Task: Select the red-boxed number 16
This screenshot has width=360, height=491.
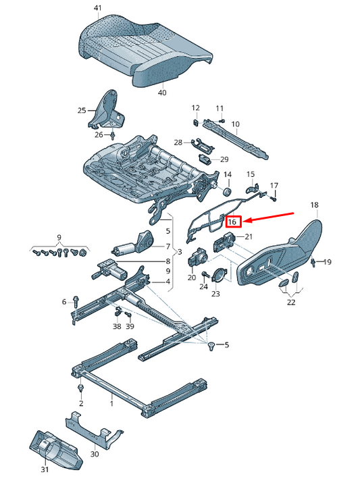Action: pyautogui.click(x=232, y=221)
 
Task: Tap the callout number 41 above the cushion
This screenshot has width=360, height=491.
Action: pyautogui.click(x=97, y=8)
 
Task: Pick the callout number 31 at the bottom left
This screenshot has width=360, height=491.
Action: pyautogui.click(x=45, y=470)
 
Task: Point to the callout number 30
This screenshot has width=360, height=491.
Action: pyautogui.click(x=94, y=455)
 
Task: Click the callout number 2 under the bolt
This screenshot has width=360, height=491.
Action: pyautogui.click(x=81, y=404)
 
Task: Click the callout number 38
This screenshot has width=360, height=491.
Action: pyautogui.click(x=117, y=326)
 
